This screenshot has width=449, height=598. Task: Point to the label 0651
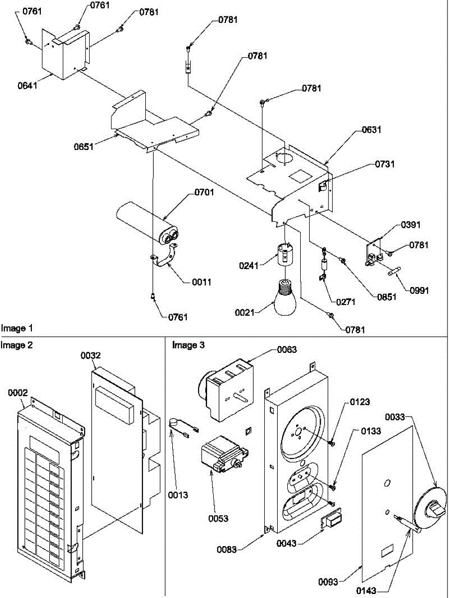click(83, 147)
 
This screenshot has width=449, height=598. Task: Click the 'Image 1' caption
click(16, 328)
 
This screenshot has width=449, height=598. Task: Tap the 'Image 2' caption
click(16, 344)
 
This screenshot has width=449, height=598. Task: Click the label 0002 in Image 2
click(18, 393)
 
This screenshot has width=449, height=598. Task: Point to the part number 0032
click(91, 355)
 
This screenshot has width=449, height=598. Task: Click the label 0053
click(219, 518)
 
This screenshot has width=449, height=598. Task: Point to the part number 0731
click(384, 164)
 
